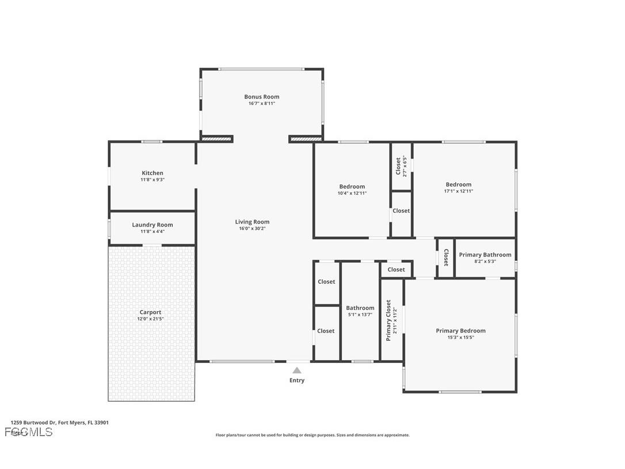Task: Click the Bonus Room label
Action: point(262,97)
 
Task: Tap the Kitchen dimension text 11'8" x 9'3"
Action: point(153,180)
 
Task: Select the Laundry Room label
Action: point(153,225)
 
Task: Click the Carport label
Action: point(150,312)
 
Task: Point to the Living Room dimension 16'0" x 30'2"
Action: point(252,229)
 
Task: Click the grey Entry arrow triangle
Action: point(297,370)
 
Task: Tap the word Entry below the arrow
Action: point(297,380)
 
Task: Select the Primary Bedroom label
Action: point(460,331)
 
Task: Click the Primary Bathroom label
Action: point(485,255)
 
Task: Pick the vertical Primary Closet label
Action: point(388,320)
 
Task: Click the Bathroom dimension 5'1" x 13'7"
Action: point(360,315)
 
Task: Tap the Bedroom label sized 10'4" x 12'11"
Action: point(352,187)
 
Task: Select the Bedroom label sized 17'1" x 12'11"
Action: point(458,184)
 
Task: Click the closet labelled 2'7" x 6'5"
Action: point(401,167)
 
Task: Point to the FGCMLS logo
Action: point(29,432)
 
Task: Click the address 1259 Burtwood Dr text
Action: point(59,422)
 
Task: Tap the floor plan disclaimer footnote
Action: point(312,435)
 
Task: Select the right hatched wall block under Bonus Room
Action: point(306,139)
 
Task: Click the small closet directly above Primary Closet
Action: point(396,270)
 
